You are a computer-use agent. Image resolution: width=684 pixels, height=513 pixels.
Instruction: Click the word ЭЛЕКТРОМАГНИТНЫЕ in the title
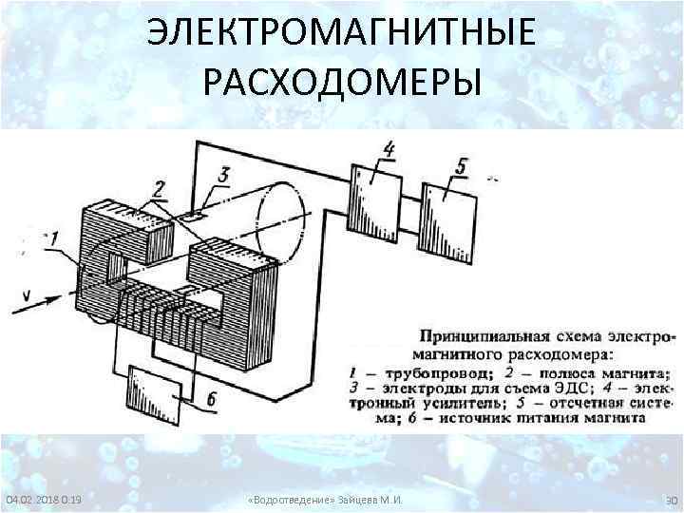point(342,36)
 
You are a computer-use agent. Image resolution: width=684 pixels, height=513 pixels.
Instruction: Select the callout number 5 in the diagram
point(461,166)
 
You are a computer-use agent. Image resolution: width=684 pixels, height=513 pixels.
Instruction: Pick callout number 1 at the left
point(54,239)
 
